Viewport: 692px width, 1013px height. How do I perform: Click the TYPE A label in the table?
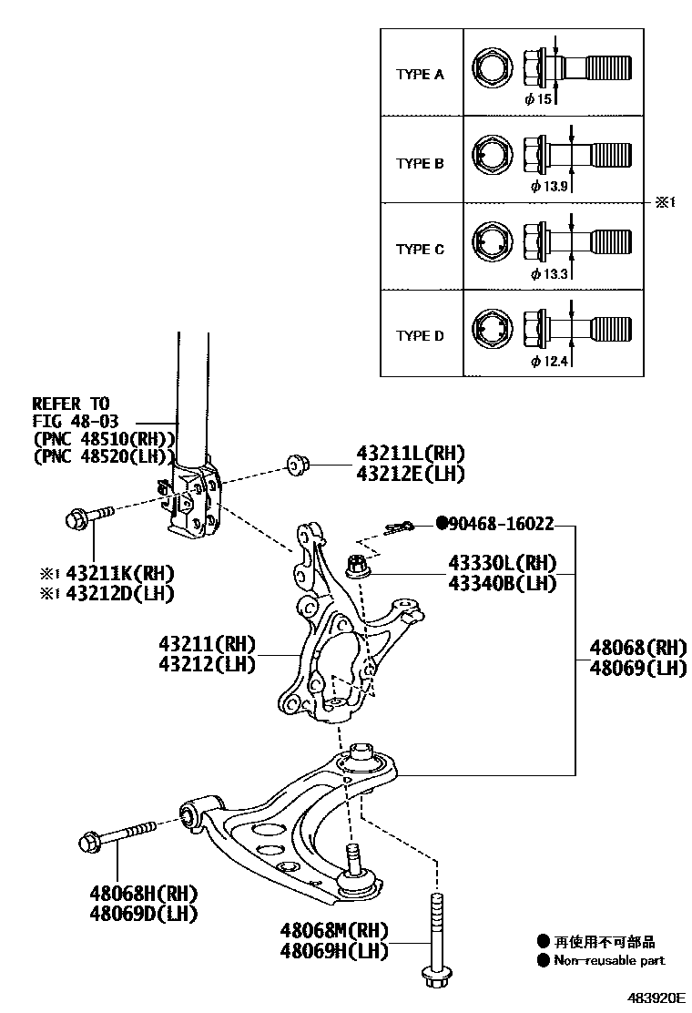420,75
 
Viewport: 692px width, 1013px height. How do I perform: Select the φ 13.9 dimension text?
549,186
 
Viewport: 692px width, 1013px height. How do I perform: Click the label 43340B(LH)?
501,583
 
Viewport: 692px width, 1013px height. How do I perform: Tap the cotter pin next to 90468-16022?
399,528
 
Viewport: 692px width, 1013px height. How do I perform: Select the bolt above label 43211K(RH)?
87,517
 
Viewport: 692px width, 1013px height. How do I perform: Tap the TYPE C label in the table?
420,249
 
